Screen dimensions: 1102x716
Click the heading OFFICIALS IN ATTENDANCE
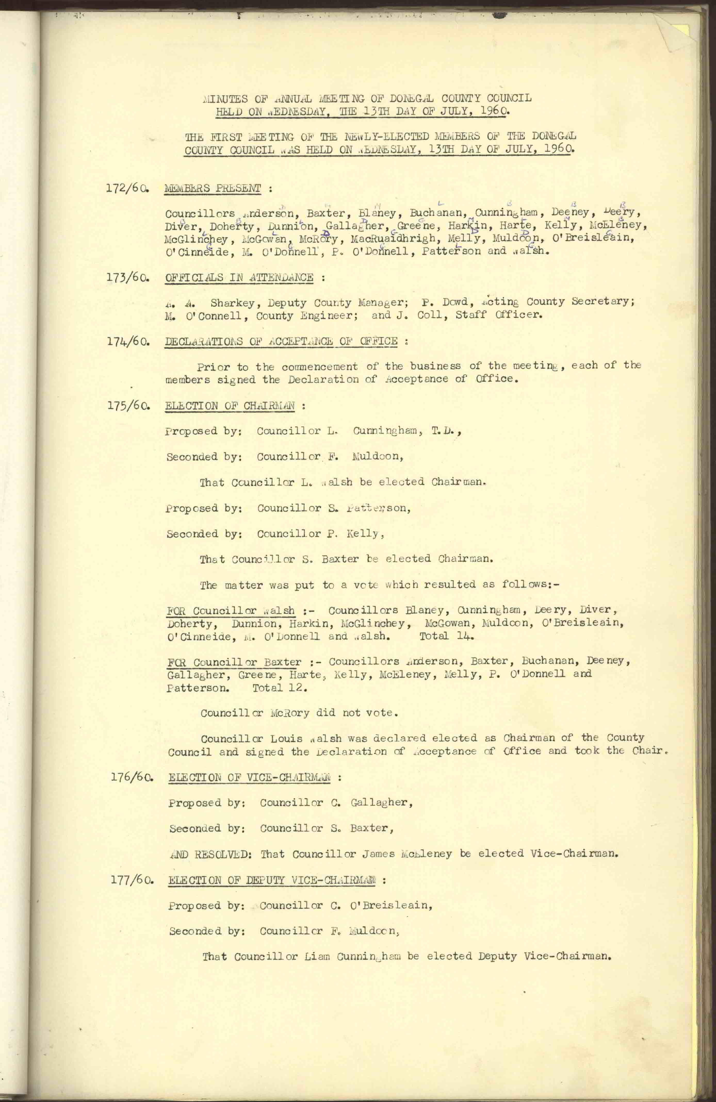pos(239,278)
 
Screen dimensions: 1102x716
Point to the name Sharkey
pos(232,303)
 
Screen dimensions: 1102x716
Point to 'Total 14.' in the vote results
pos(446,636)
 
